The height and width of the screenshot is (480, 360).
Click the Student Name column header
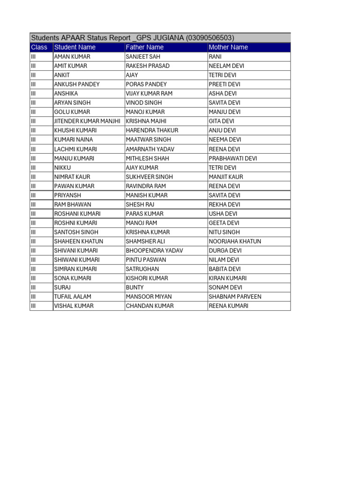(x=75, y=47)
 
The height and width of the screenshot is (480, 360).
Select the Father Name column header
(x=145, y=47)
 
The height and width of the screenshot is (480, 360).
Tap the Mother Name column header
(x=228, y=47)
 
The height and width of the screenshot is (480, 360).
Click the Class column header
(x=39, y=47)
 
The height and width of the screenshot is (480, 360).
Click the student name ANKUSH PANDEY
(x=77, y=84)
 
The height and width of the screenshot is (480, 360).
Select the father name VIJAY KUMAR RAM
(x=149, y=94)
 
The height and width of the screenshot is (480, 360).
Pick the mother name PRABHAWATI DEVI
(x=232, y=158)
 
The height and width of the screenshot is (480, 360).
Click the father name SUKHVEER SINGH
(x=149, y=177)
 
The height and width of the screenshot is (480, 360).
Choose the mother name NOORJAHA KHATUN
(x=235, y=241)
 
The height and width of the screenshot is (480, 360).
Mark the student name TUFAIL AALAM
(x=73, y=297)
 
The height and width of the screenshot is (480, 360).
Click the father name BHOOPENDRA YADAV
(x=154, y=251)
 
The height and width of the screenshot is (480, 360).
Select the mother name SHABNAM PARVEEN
(x=235, y=297)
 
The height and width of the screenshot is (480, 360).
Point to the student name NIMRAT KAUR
(x=72, y=177)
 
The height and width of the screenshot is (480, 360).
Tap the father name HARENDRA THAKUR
(x=152, y=130)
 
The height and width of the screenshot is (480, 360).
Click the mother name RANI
(x=215, y=57)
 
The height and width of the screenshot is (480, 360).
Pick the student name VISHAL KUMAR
(x=74, y=306)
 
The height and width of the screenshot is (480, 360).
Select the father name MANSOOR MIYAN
(x=149, y=297)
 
